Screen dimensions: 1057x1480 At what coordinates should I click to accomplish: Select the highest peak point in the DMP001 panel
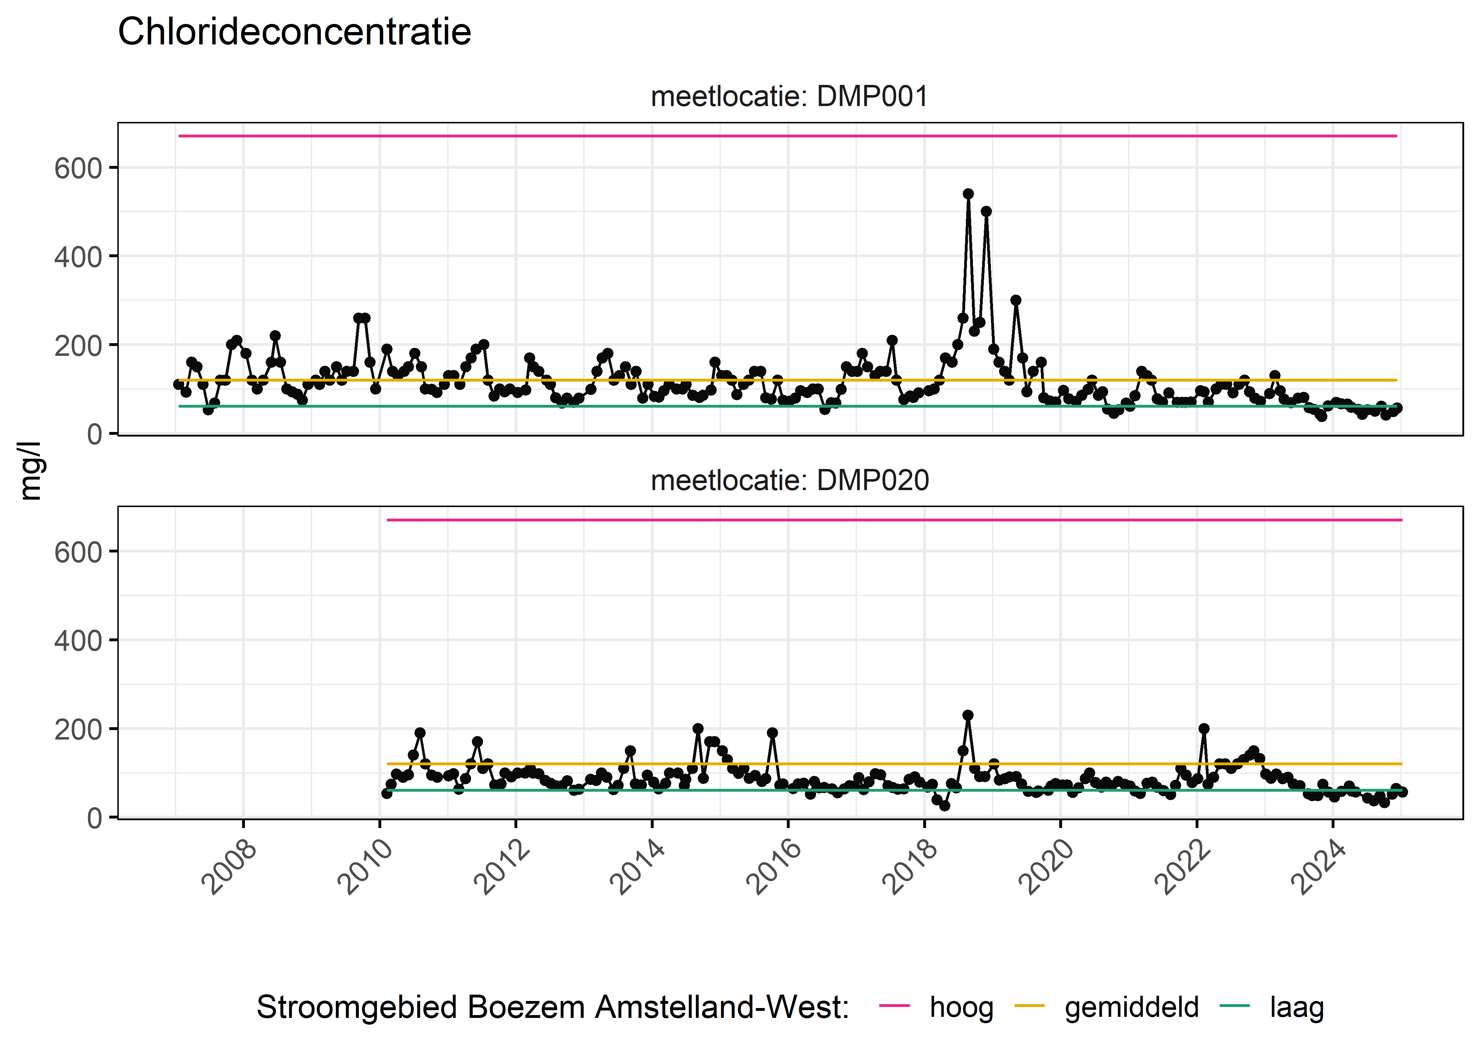(968, 194)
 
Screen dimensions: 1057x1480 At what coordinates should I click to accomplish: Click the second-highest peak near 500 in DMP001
(986, 211)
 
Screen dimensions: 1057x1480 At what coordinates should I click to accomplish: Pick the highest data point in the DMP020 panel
(968, 715)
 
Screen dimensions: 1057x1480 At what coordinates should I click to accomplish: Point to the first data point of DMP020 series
(387, 793)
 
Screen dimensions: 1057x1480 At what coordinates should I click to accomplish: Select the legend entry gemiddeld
(1131, 1008)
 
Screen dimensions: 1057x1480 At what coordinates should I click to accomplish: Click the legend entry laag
(1296, 1008)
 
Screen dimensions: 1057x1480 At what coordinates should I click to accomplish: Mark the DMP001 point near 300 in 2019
(1015, 300)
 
